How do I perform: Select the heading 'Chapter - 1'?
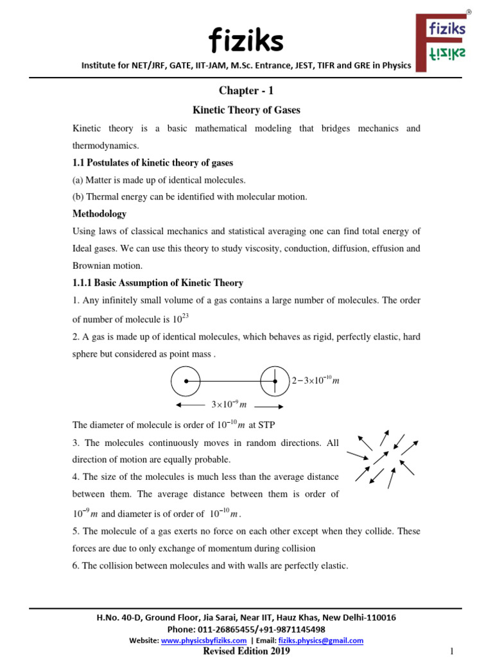(246, 91)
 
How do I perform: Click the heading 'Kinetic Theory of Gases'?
(246, 110)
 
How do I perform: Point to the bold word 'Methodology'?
(99, 214)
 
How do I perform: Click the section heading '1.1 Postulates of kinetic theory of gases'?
(153, 163)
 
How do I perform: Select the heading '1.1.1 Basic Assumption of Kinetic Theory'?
(158, 283)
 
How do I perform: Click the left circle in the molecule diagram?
(186, 381)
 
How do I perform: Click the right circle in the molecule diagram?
(275, 381)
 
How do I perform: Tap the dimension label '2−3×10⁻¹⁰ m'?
(315, 381)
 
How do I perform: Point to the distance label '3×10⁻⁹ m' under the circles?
(229, 405)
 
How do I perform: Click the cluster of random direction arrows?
(383, 456)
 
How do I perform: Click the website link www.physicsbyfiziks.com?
(203, 640)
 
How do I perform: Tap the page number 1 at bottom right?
(452, 651)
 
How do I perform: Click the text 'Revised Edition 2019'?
(246, 651)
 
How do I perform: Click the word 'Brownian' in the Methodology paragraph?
(91, 266)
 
